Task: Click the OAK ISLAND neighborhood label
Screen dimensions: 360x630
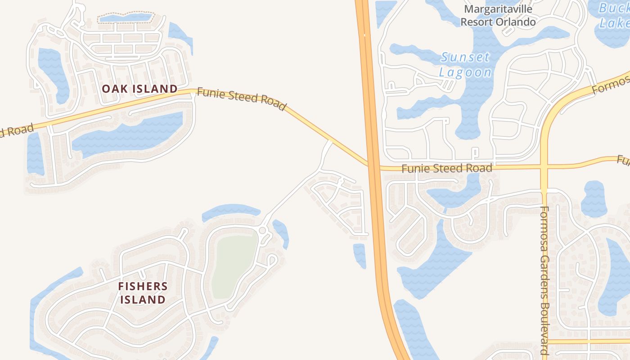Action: tap(139, 89)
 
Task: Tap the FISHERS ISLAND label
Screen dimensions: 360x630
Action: tap(143, 292)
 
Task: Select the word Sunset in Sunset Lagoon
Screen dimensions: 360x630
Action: tap(465, 58)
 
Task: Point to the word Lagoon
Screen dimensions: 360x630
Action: tap(465, 72)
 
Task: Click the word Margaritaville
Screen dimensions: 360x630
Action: tap(498, 9)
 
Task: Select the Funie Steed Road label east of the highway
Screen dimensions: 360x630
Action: tap(446, 168)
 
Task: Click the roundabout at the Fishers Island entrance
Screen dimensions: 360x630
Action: tap(262, 231)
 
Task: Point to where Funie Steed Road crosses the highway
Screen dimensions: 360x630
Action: tap(373, 165)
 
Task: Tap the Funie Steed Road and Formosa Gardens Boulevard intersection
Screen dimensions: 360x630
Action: tap(544, 166)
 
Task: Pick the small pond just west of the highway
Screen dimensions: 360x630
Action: tap(360, 254)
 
